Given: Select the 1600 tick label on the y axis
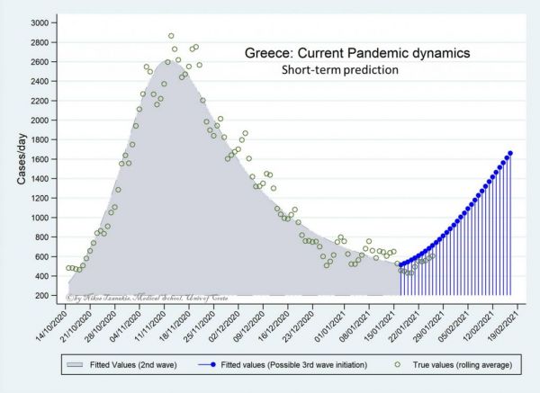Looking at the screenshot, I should (40, 159).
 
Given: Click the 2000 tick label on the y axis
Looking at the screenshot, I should (40, 120).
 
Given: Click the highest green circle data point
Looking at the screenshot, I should (171, 36).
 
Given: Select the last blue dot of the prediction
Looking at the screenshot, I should (510, 154).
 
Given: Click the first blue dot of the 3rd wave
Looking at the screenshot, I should (400, 265).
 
